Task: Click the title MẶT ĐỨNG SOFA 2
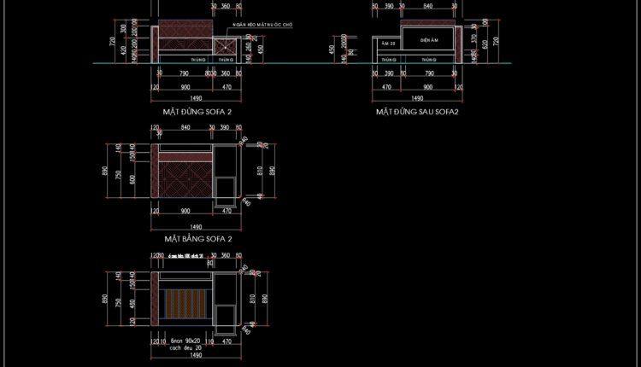(197, 111)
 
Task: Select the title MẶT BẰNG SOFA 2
(197, 239)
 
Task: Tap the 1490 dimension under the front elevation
(196, 98)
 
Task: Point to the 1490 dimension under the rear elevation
(416, 98)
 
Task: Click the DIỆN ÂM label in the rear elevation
(429, 40)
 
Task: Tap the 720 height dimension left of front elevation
(111, 40)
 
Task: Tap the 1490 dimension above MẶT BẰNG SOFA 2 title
(196, 226)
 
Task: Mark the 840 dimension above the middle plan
(185, 127)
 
